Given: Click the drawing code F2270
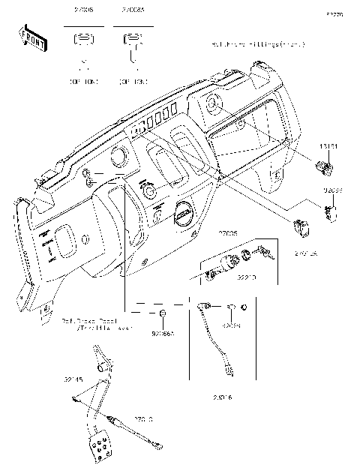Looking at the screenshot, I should click(x=334, y=13).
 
